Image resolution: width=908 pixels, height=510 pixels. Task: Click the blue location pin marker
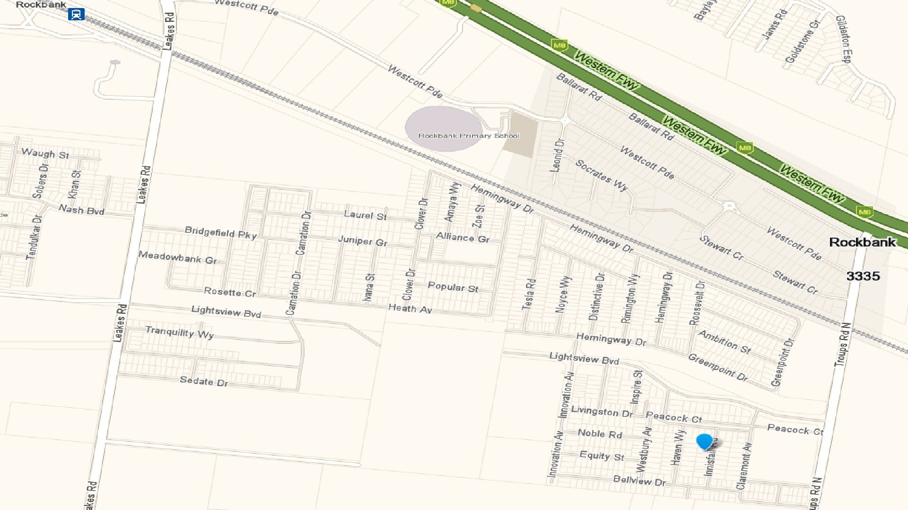coord(704,442)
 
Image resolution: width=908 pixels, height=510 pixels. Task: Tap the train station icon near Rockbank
coord(76,14)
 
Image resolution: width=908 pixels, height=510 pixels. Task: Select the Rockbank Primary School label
coord(469,136)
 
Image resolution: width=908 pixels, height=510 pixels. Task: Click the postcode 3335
coord(863,276)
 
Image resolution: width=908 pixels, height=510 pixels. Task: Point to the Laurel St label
coord(365,215)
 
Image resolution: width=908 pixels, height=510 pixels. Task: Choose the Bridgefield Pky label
coord(220,232)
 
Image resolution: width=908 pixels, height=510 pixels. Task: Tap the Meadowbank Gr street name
coord(177,257)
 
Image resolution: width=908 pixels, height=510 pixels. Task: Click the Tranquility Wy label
coord(179,332)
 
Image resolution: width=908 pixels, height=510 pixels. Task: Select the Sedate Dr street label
coord(204,381)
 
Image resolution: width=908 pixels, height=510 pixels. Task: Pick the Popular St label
coord(453,287)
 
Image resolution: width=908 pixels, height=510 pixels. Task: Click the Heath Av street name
coord(410,308)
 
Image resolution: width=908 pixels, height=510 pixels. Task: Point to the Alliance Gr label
coord(463,238)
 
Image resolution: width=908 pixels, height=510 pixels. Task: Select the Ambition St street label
coord(725,342)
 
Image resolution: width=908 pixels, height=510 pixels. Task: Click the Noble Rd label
coord(600,433)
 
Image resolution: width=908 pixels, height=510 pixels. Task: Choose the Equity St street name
coord(602,456)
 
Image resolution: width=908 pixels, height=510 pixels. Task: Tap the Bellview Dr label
coord(639,481)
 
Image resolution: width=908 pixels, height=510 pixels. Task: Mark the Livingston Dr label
coord(602,411)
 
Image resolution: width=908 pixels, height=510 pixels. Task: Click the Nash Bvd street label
coord(81,209)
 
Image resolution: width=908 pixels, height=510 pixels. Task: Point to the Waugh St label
coord(45,153)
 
